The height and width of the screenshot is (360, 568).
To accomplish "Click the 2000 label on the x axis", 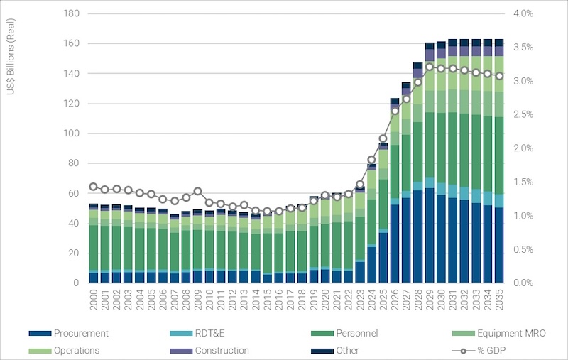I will (x=94, y=298).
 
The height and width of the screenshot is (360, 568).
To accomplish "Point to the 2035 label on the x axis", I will (x=499, y=298).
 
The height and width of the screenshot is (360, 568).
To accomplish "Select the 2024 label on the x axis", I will (x=371, y=298).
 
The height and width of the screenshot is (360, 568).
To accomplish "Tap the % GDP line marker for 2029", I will (x=430, y=67).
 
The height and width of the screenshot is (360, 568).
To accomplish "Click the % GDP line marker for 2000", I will (x=93, y=187).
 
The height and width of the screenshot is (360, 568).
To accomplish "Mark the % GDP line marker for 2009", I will (x=197, y=191).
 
